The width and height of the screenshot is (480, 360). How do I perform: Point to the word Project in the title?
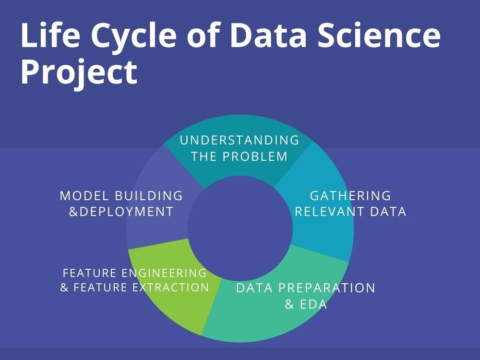point(79,72)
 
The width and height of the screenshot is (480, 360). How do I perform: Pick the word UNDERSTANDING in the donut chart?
point(240,140)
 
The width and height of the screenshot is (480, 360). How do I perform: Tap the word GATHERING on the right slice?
point(350,196)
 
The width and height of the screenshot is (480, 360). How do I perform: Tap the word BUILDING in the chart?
point(149,196)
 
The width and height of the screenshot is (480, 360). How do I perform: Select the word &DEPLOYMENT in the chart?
point(121,212)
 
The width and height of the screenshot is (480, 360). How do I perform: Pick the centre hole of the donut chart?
point(240,228)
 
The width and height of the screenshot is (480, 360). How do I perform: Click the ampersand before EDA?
point(289,304)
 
